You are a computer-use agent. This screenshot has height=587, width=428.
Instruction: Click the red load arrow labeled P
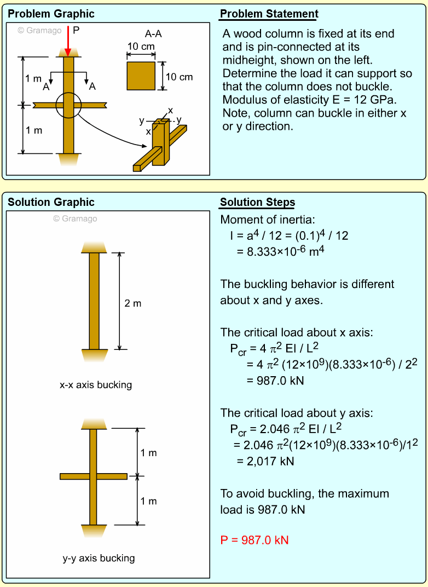point(68,41)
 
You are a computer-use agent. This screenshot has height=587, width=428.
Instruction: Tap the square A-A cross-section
point(141,76)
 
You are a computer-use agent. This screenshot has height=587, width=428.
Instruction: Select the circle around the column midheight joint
point(68,105)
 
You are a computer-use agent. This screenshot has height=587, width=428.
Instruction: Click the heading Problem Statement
point(269,14)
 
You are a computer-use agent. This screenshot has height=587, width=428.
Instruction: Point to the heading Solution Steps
point(257,203)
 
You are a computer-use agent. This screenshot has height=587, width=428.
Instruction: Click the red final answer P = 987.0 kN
point(255,540)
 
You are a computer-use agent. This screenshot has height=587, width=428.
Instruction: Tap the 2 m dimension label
point(133,303)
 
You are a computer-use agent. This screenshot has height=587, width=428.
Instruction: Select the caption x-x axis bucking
point(96,385)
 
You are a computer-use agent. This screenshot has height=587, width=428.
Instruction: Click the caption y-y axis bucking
point(99,559)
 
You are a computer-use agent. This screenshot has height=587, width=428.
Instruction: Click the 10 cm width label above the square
point(141,47)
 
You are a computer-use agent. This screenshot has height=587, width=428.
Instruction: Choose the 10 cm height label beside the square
point(179,77)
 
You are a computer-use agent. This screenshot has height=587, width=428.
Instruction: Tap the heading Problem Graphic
point(51,14)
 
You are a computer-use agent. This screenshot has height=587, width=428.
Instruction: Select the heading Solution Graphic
point(51,203)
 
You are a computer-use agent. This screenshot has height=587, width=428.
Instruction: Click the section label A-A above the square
point(153,34)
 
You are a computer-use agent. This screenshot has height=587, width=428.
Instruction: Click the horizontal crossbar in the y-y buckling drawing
point(94,476)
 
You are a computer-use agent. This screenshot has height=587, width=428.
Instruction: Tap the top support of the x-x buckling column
point(94,247)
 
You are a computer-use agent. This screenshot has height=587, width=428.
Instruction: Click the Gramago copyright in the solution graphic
point(75,218)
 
